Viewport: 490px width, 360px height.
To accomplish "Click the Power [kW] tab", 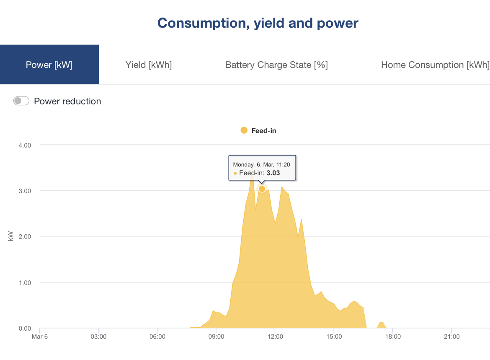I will (49, 65).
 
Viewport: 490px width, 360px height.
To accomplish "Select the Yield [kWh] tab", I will (149, 65).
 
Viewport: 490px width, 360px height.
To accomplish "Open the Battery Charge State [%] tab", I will (276, 65).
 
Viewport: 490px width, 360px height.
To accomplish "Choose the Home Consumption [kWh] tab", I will (435, 65).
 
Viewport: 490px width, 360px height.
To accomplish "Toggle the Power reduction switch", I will (21, 101).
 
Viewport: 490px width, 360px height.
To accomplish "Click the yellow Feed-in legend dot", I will (244, 130).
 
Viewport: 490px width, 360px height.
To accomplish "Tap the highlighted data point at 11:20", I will (262, 189).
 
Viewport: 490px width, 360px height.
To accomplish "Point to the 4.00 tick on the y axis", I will (25, 145).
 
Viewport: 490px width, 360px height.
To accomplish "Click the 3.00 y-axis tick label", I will (25, 191).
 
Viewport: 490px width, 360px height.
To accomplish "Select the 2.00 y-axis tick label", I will (25, 237).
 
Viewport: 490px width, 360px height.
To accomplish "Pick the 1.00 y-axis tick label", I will (25, 283).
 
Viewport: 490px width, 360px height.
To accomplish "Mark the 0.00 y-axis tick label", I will (25, 329).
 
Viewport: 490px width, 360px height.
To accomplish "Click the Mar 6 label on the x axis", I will (40, 337).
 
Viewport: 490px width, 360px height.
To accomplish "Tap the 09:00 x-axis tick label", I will (216, 337).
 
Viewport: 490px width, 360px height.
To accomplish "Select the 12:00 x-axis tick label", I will (275, 337).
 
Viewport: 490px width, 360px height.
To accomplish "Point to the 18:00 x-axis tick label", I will (392, 337).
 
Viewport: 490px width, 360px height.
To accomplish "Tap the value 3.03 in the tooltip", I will (273, 173).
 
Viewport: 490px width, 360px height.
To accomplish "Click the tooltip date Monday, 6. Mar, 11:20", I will (261, 164).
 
